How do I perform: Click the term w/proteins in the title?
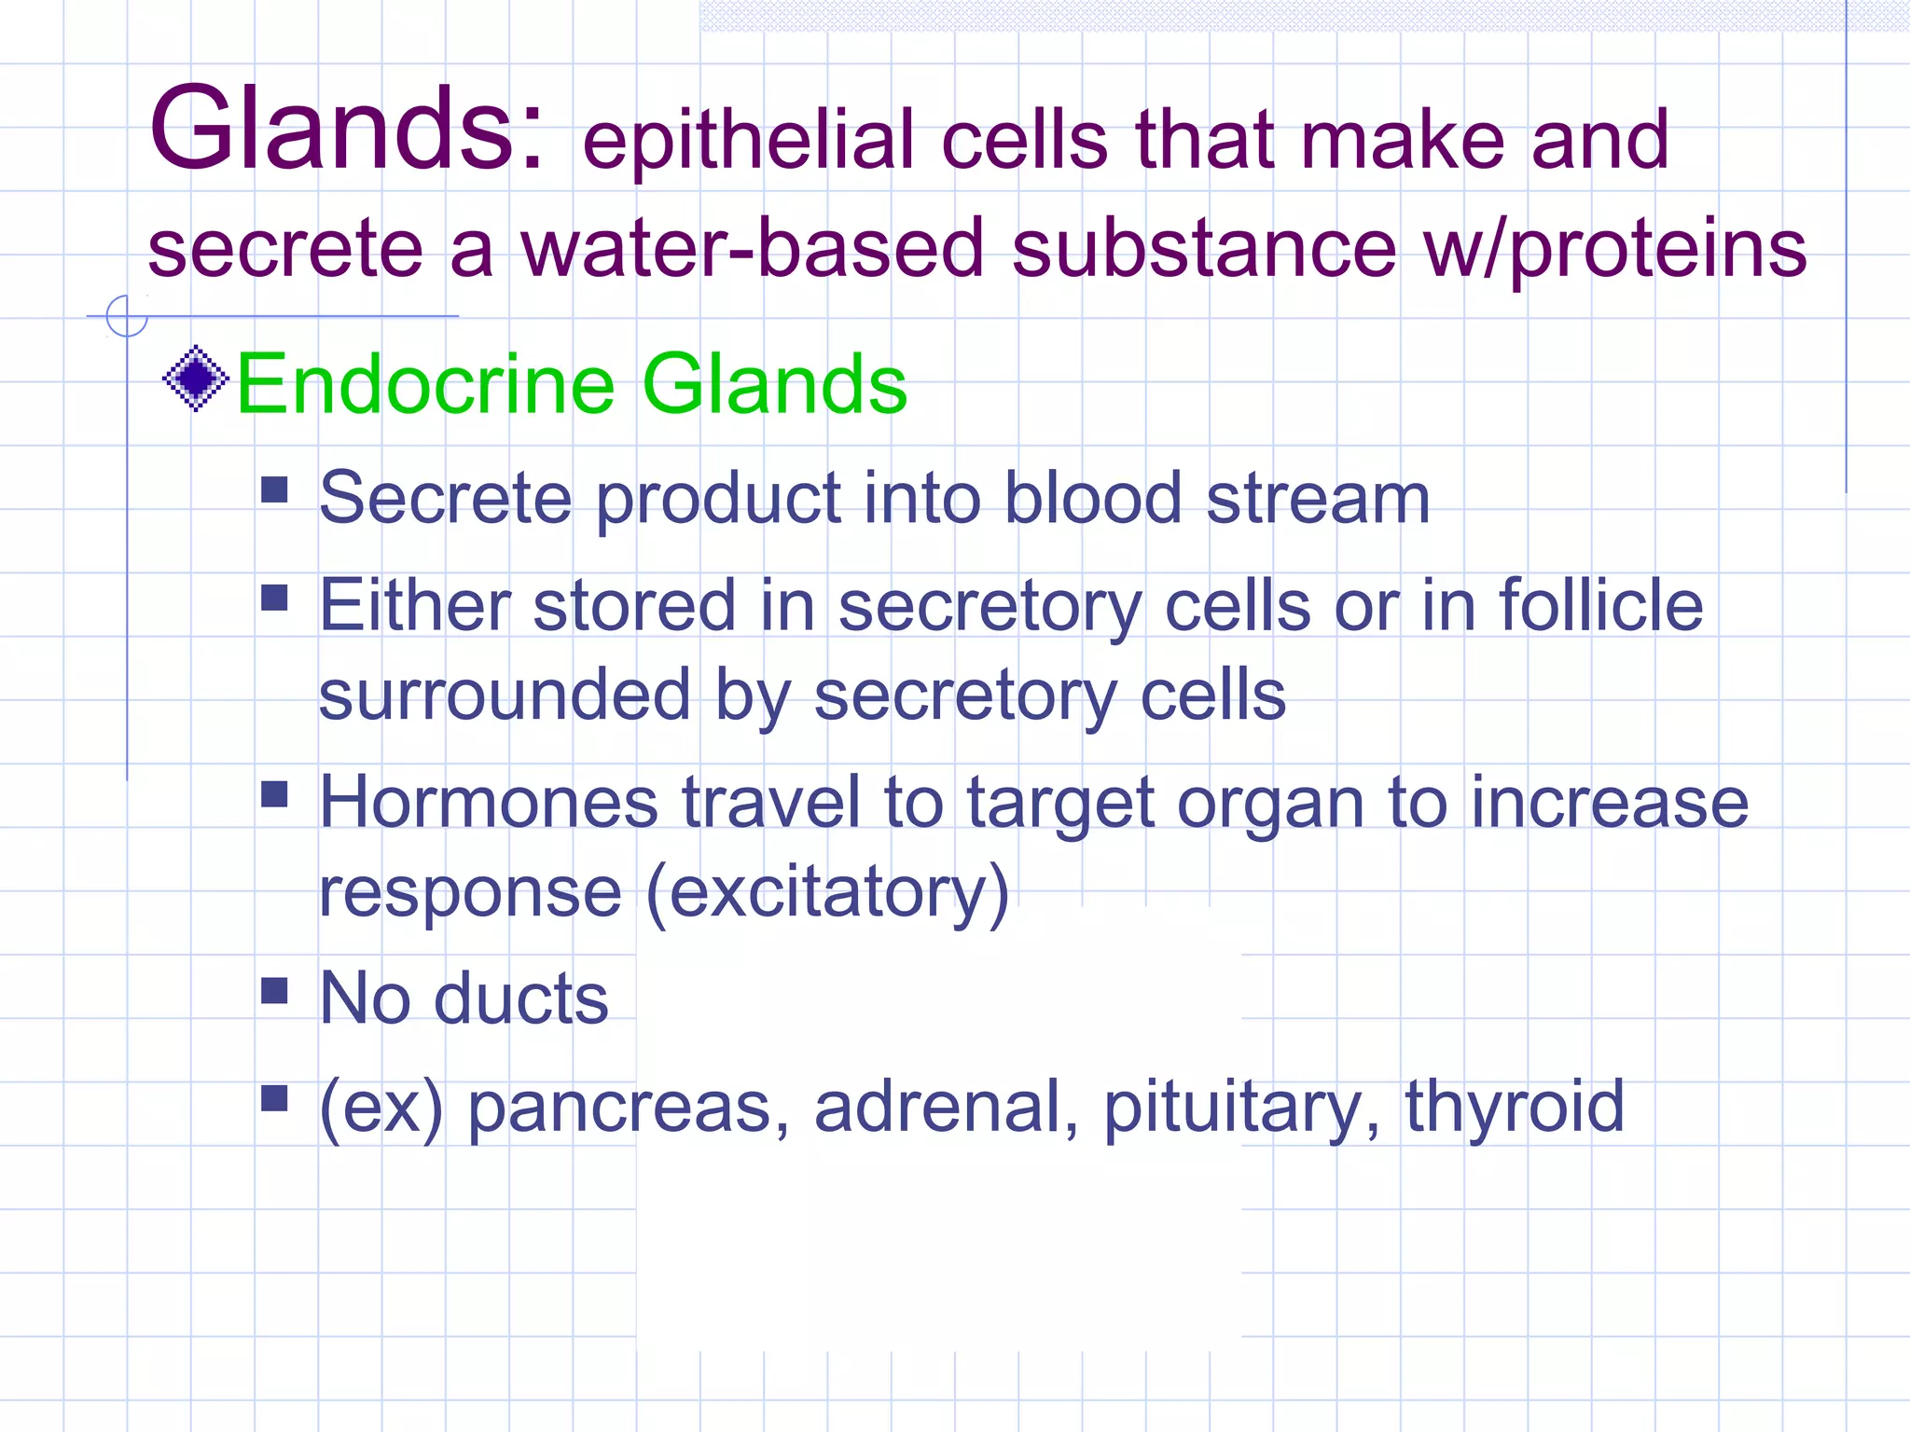click(1614, 249)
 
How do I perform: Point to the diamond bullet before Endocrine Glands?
click(196, 379)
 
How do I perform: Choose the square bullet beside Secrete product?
click(274, 489)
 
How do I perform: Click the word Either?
click(415, 605)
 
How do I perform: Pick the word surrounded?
click(505, 695)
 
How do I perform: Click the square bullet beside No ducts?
click(274, 990)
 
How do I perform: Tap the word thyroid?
click(1515, 1106)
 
